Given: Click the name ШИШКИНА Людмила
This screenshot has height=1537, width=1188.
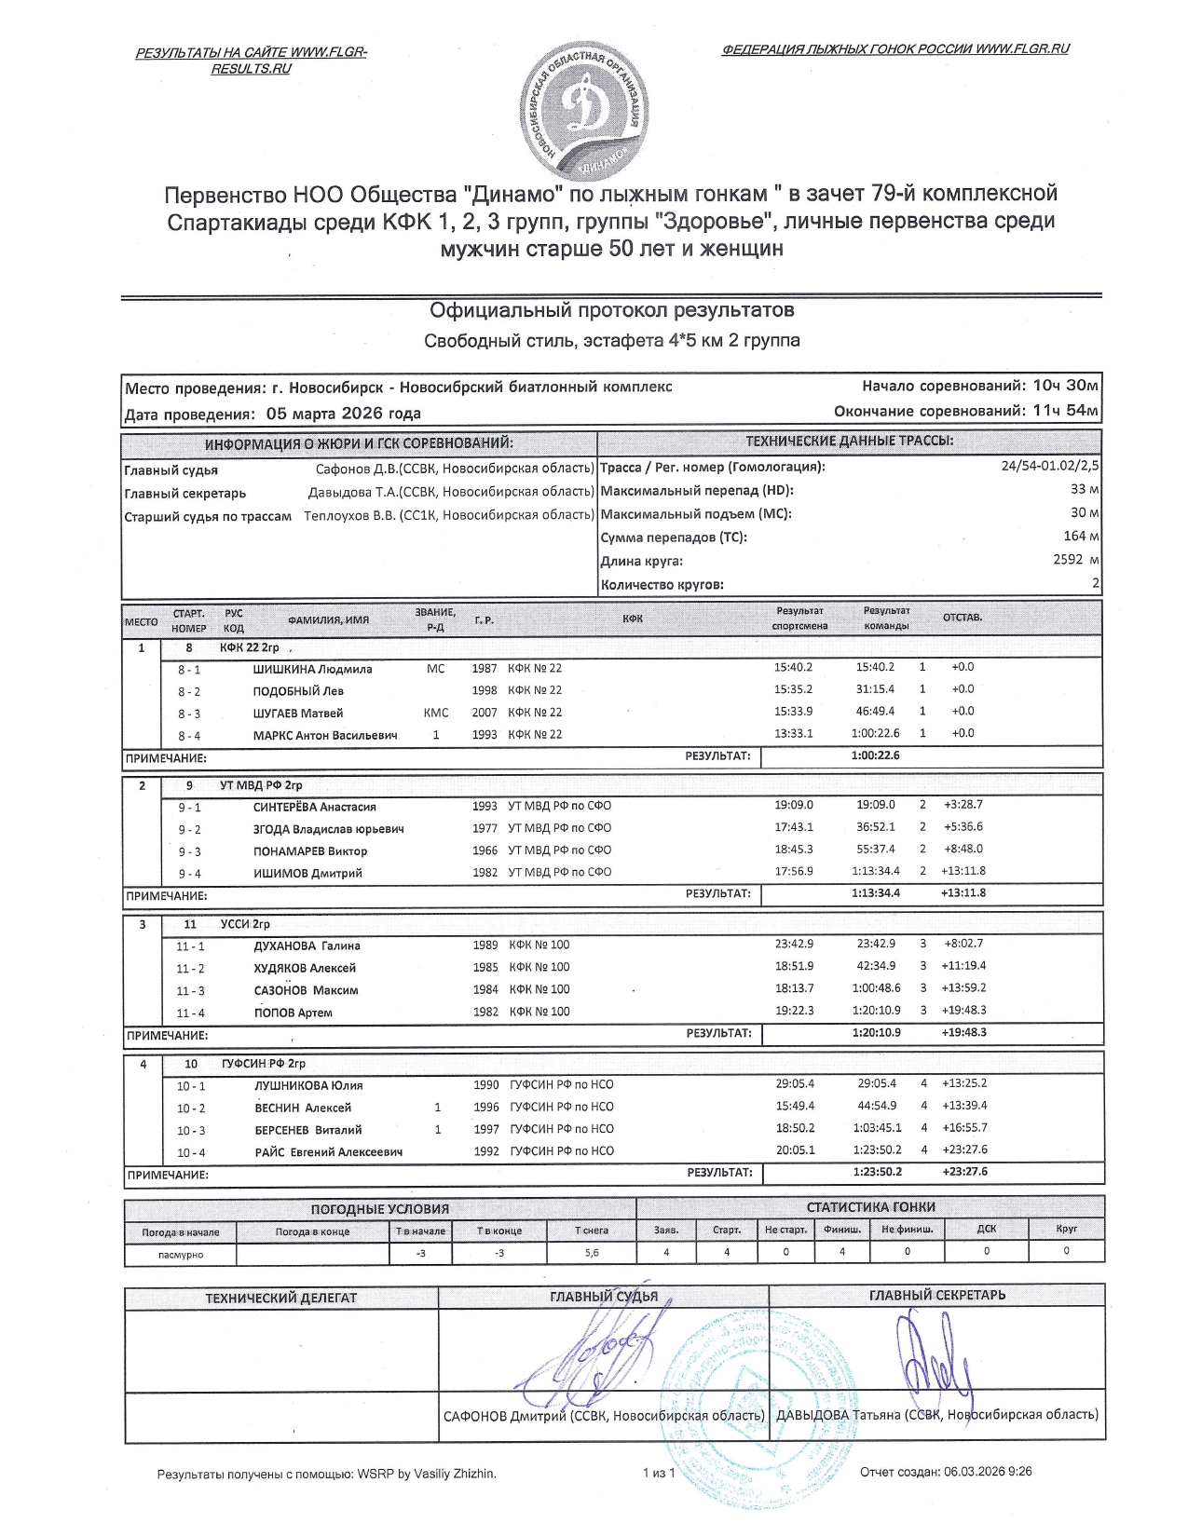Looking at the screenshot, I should coord(312,669).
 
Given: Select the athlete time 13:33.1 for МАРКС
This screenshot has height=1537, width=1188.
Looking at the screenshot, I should coord(793,734).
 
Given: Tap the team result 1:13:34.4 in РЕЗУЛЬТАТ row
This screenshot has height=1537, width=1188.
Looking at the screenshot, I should coord(875,893).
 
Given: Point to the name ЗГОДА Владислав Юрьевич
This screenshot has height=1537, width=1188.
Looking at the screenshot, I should coord(328,829).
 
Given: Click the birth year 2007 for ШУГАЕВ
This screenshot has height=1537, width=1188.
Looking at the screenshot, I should coord(485,713).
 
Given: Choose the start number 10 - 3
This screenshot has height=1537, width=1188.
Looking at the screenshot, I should coord(191,1131).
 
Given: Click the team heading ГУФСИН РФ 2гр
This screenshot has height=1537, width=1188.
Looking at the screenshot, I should coord(263,1064).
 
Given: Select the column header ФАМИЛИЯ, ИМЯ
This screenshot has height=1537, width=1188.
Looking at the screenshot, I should coord(328,619).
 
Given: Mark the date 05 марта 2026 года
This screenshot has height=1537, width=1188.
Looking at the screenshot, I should coord(343,414).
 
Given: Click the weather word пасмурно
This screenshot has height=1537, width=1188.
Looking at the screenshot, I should coord(181,1255).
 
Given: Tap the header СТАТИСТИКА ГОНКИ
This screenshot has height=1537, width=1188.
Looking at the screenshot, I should coord(870,1207).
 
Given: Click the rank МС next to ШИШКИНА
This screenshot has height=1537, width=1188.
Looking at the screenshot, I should coord(435,669).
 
